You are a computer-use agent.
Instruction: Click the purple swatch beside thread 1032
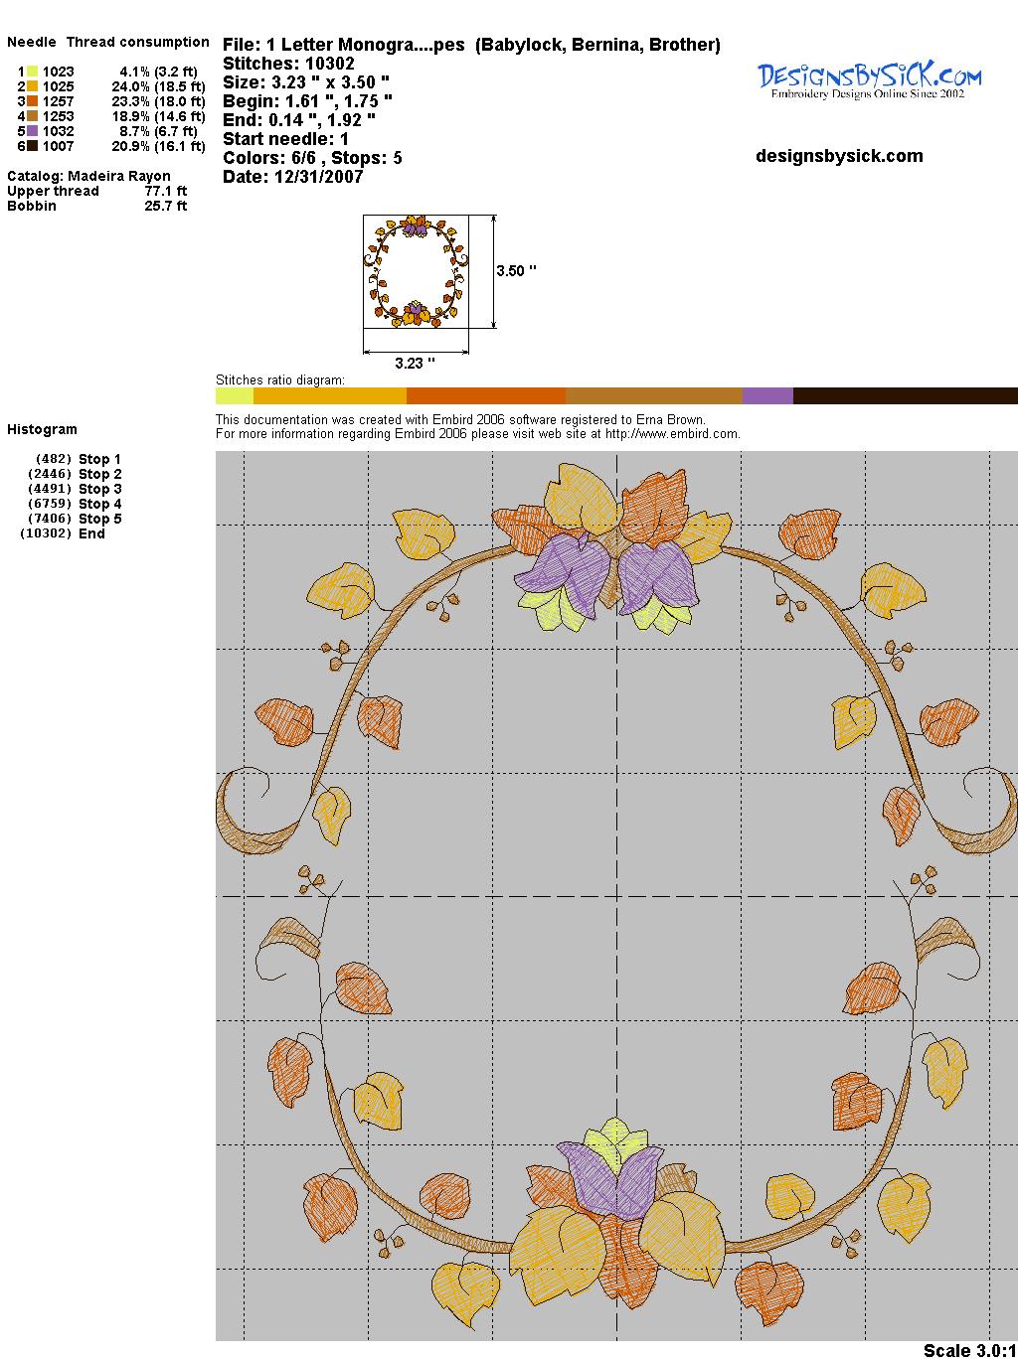(32, 131)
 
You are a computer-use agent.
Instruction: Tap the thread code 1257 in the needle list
(59, 101)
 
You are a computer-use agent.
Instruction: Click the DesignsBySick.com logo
(869, 80)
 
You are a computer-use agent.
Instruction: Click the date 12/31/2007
(319, 177)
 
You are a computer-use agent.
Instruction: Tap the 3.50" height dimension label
(516, 271)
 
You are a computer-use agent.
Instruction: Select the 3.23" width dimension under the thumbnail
(415, 363)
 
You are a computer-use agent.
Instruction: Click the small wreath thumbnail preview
(416, 271)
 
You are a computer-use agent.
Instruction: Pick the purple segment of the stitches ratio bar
(767, 395)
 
